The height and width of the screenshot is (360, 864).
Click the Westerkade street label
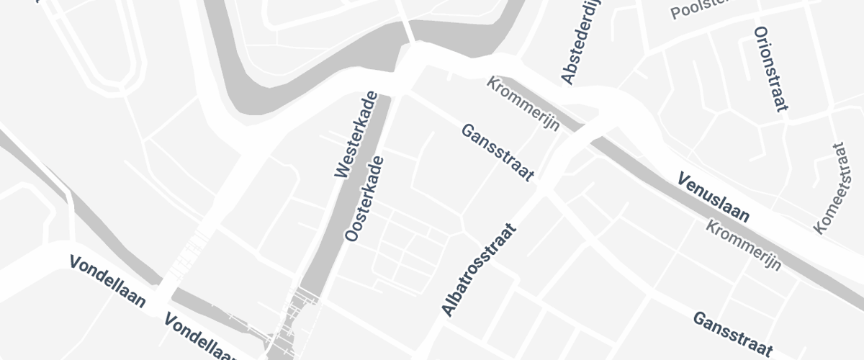(x=356, y=135)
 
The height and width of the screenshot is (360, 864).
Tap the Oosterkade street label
(x=364, y=199)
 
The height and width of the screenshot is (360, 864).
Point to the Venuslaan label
(x=714, y=197)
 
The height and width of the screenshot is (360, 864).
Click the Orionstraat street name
(x=770, y=71)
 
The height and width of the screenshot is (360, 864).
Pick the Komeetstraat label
(x=829, y=188)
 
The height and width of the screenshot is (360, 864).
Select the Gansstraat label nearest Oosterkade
(x=498, y=153)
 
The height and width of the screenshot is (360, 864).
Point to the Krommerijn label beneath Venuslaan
(x=744, y=245)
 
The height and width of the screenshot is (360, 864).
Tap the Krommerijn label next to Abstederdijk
(x=523, y=104)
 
